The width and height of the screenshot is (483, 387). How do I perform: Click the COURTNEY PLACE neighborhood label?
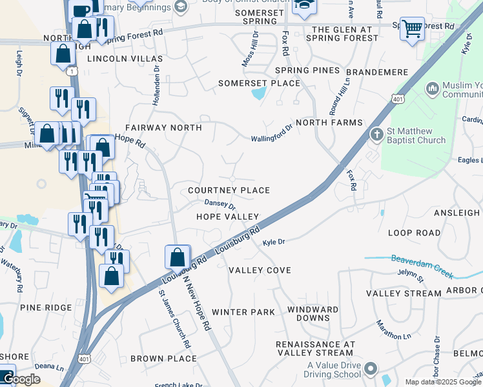229,191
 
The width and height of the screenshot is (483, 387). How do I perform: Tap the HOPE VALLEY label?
227,217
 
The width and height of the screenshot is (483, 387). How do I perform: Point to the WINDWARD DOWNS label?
313,313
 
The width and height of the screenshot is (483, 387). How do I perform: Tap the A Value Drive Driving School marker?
369,370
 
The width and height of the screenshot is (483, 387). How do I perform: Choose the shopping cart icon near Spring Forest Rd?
411,28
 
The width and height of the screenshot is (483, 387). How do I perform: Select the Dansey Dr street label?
220,203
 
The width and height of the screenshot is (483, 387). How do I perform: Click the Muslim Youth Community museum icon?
432,87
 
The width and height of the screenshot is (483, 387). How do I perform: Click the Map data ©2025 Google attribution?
442,382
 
